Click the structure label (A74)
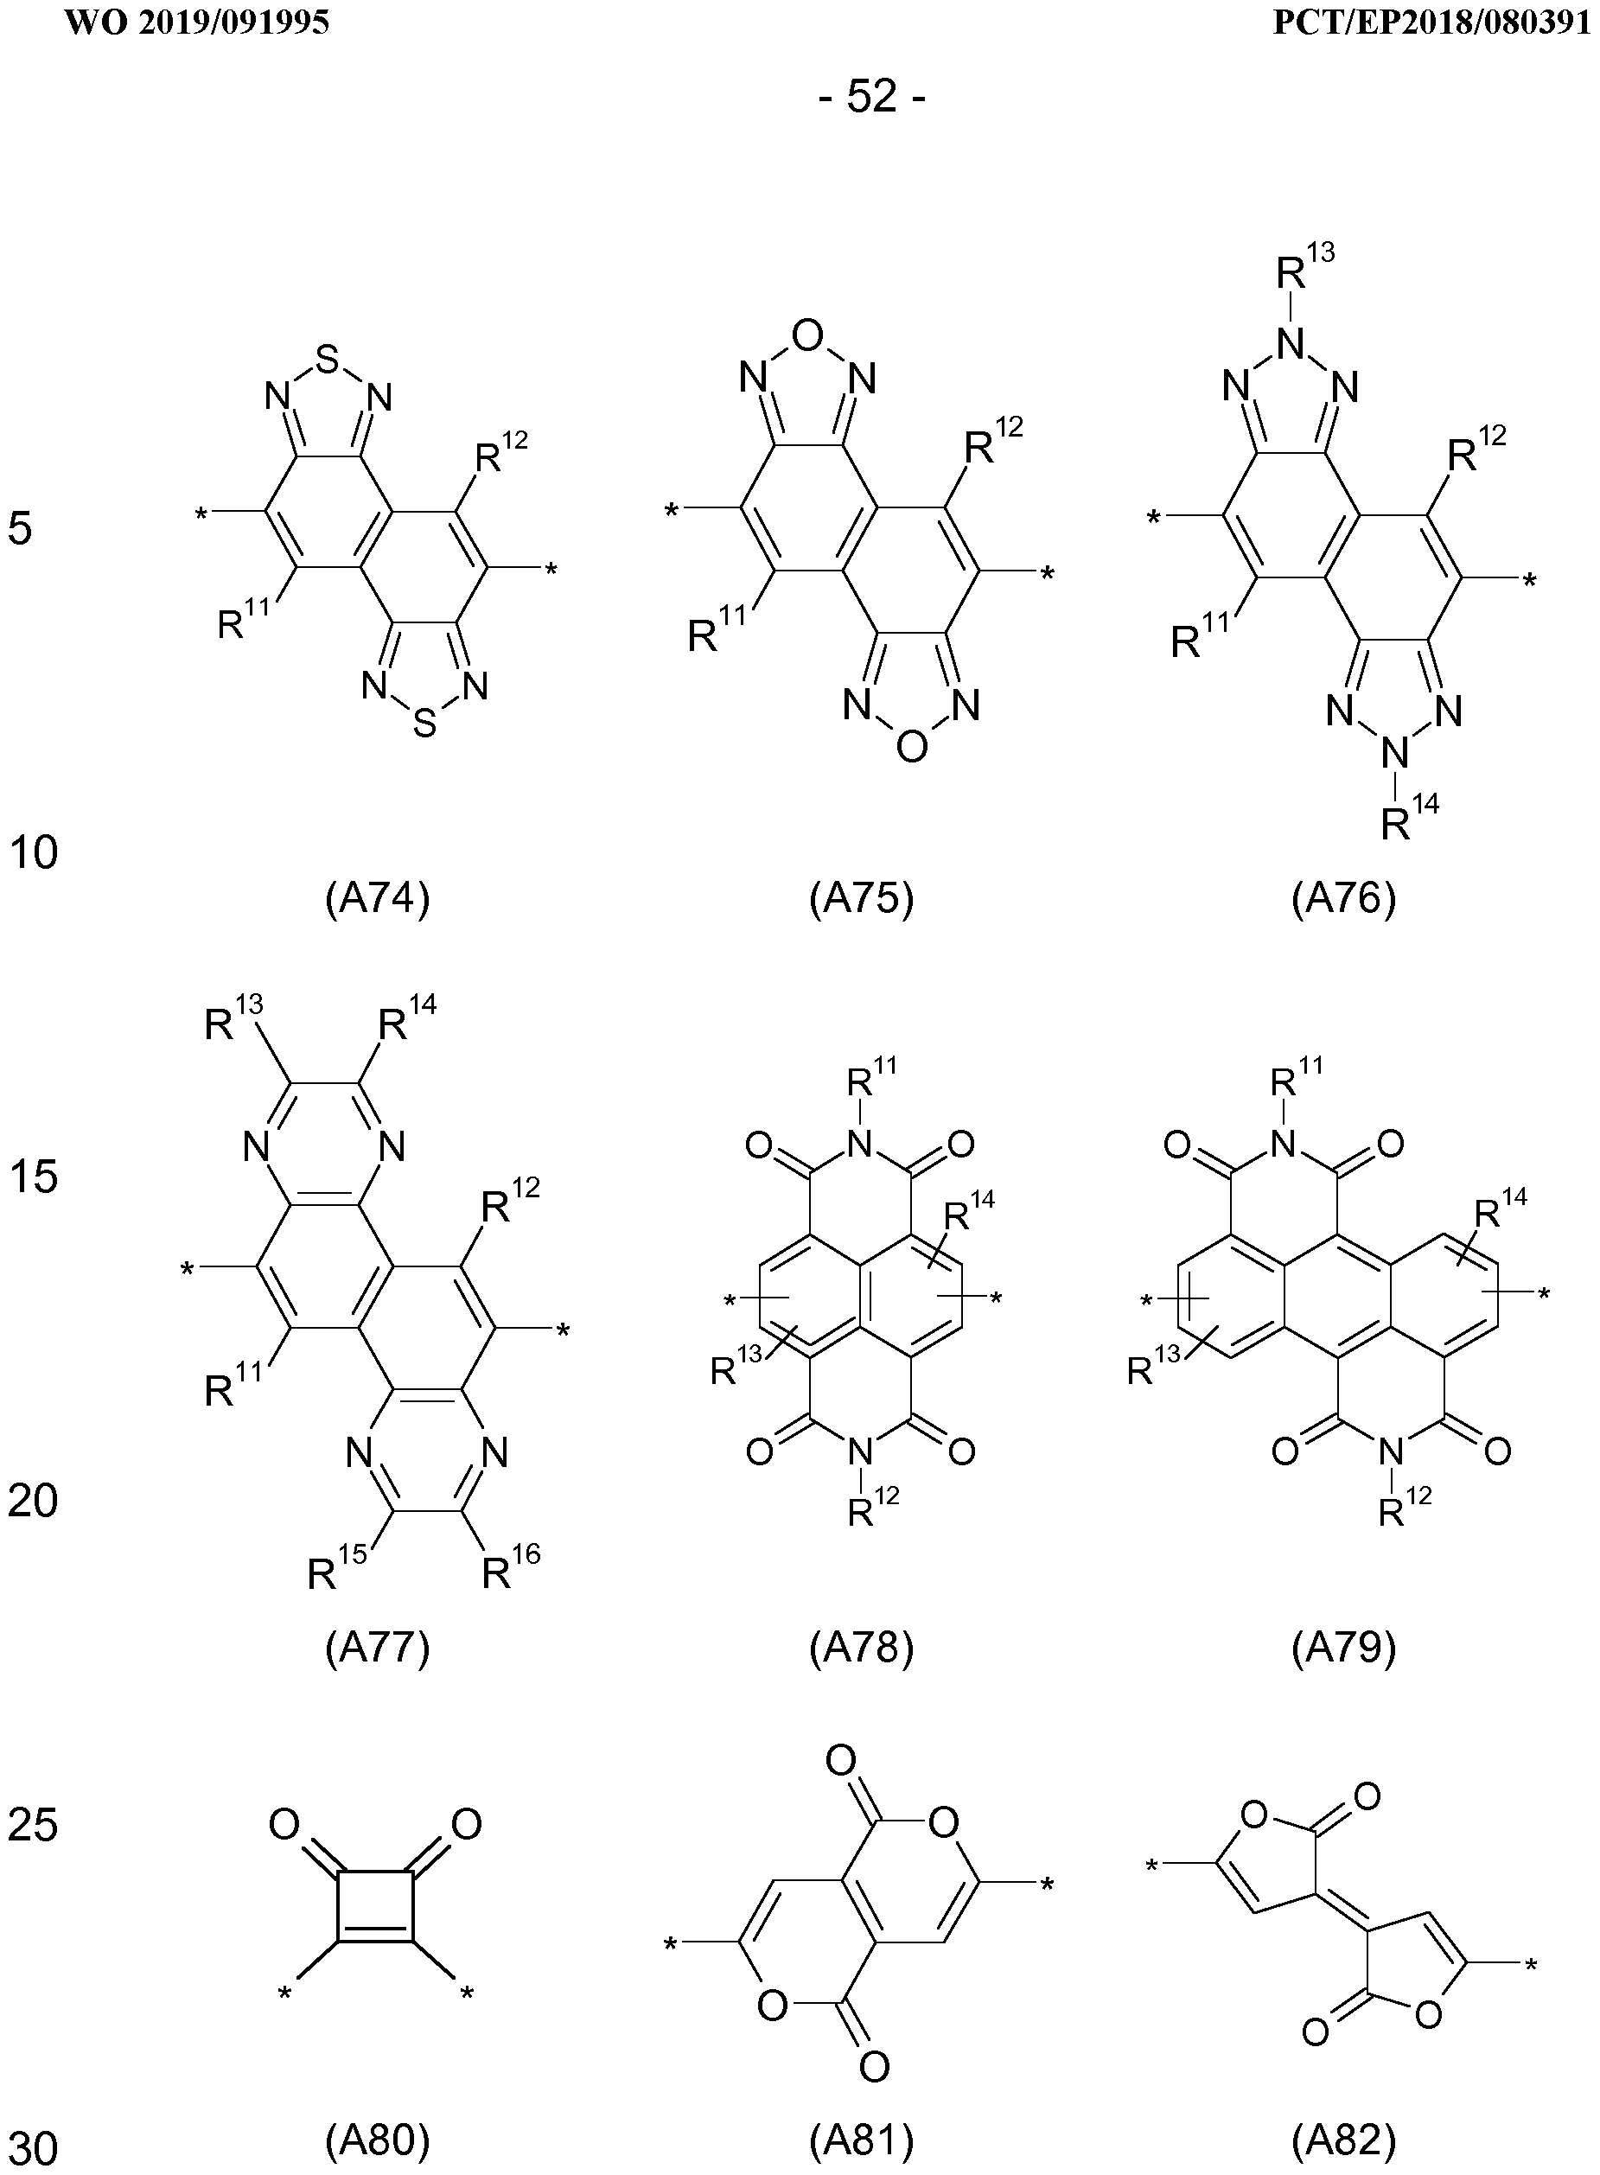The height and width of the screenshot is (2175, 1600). pyautogui.click(x=377, y=900)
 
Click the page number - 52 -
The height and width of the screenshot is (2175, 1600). pyautogui.click(x=871, y=97)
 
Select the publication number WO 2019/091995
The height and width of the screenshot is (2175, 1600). pyautogui.click(x=198, y=22)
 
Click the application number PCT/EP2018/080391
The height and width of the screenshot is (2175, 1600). pyautogui.click(x=1431, y=22)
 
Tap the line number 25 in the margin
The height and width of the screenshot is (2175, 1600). pyautogui.click(x=33, y=1826)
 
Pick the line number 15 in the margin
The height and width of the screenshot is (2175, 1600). pyautogui.click(x=33, y=1177)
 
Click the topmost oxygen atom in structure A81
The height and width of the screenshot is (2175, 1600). pyautogui.click(x=841, y=1759)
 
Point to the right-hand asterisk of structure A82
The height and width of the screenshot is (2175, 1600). pyautogui.click(x=1530, y=1966)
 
